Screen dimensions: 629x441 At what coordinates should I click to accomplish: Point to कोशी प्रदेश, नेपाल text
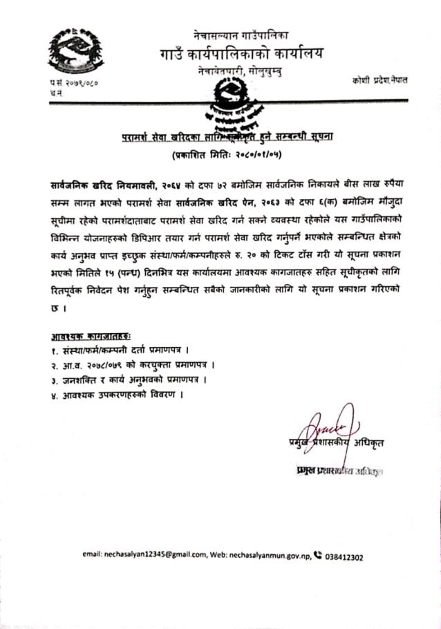(x=379, y=80)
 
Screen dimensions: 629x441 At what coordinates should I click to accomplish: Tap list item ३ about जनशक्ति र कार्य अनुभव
(x=129, y=379)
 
